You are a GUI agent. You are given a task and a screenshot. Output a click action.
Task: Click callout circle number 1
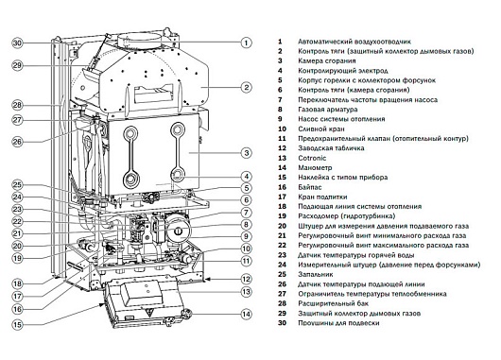tap(246, 43)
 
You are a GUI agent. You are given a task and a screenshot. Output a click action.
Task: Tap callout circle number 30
tap(18, 43)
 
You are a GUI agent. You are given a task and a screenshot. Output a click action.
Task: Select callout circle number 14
tap(246, 314)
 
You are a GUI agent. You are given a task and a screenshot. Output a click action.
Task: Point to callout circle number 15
tap(18, 325)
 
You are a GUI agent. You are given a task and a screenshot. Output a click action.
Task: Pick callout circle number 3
tap(246, 153)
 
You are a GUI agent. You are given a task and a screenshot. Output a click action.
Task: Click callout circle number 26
tap(18, 142)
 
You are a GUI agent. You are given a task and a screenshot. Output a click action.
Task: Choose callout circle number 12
tap(246, 279)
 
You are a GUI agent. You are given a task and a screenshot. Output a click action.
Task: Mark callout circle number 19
tap(18, 258)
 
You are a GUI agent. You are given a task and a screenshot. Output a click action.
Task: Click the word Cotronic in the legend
tap(312, 158)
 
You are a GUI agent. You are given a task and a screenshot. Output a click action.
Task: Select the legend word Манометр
tap(315, 167)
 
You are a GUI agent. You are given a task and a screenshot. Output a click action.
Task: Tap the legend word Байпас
tap(310, 187)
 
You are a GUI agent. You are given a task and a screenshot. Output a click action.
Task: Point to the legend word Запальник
tap(316, 274)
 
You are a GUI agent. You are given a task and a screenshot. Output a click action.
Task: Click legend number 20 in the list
tap(282, 226)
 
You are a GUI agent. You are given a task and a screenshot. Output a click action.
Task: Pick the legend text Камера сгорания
tap(326, 60)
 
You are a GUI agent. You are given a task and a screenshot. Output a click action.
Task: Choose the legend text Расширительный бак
tap(333, 303)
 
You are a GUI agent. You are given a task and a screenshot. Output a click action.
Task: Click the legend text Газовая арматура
tap(327, 110)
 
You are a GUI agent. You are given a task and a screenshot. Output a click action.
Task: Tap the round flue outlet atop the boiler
tap(139, 41)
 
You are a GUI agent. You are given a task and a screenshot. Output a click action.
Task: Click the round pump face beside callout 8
tap(178, 229)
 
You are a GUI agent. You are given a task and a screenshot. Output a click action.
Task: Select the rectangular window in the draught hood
tap(154, 93)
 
